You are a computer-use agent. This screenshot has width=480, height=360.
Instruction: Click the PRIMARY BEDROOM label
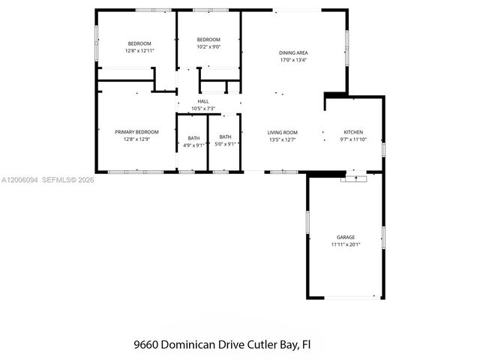click(x=136, y=132)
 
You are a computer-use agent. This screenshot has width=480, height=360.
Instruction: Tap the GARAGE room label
click(x=346, y=237)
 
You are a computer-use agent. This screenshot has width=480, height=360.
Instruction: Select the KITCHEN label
click(x=353, y=132)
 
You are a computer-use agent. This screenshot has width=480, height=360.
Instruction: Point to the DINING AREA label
click(x=294, y=52)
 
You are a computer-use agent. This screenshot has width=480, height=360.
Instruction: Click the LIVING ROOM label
click(x=283, y=132)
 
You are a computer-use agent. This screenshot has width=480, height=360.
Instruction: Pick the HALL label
click(x=203, y=101)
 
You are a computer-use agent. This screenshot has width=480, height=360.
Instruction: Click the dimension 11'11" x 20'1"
click(x=346, y=244)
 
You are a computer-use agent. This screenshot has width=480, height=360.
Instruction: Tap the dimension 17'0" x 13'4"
click(x=294, y=60)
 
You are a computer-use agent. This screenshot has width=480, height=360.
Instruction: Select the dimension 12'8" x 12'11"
click(x=139, y=50)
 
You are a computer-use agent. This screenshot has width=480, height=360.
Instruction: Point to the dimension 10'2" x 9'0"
click(x=208, y=46)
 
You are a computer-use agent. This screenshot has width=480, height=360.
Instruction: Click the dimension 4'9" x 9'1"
click(x=194, y=145)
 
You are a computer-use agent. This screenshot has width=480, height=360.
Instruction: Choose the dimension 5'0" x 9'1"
click(x=225, y=144)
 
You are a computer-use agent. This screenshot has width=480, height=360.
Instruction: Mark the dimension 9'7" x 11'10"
click(x=353, y=139)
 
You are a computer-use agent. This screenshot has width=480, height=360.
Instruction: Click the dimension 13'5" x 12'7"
click(x=283, y=139)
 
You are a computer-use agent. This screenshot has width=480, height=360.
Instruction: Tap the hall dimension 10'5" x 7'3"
click(x=203, y=109)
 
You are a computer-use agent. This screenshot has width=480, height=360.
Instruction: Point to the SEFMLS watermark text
click(x=57, y=180)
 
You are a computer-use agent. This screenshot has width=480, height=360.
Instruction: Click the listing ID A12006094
click(x=19, y=180)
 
